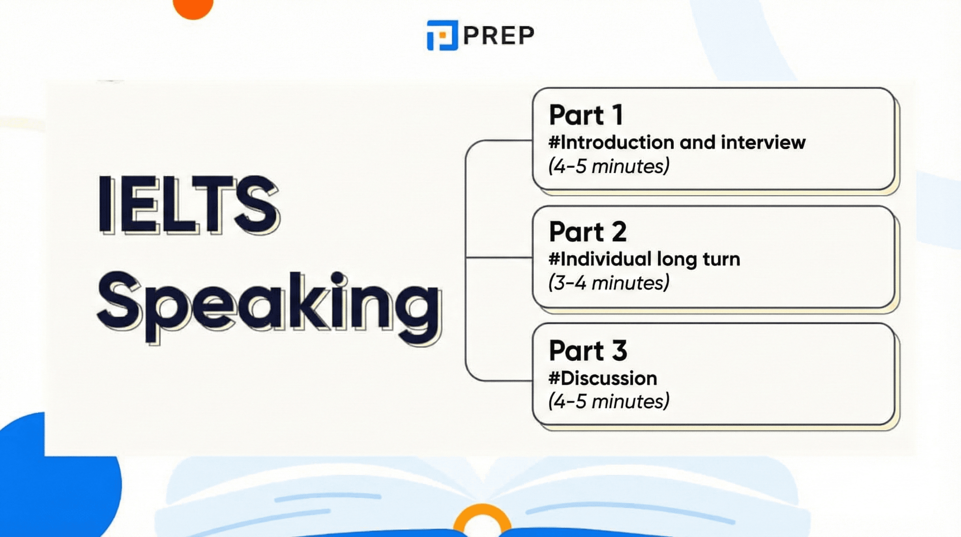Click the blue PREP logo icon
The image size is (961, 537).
[x=442, y=35]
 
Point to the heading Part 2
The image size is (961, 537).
[x=588, y=232]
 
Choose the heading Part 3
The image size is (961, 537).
[x=588, y=351]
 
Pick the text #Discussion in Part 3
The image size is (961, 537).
[x=602, y=378]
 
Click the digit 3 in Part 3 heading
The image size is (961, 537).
[x=619, y=351]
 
